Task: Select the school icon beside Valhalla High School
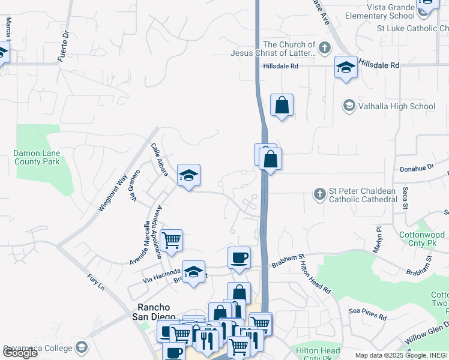click(348, 106)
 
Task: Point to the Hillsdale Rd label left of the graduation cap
click(280, 66)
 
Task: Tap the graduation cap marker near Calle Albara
click(188, 175)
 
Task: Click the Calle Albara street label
click(160, 160)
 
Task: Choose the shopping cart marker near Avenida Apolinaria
click(171, 240)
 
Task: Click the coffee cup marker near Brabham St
click(239, 257)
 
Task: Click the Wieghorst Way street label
click(113, 191)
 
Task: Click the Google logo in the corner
click(20, 352)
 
